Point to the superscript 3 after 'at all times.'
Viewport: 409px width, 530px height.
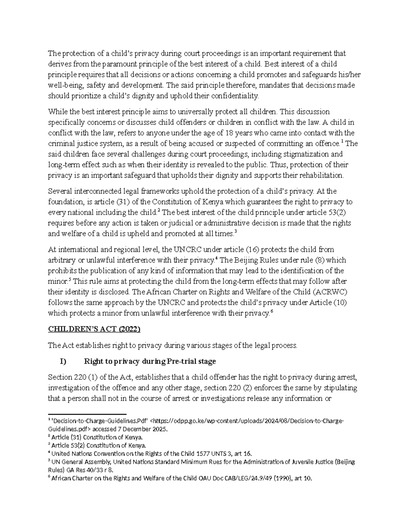click(236, 232)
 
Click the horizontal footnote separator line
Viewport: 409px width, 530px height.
click(87, 413)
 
